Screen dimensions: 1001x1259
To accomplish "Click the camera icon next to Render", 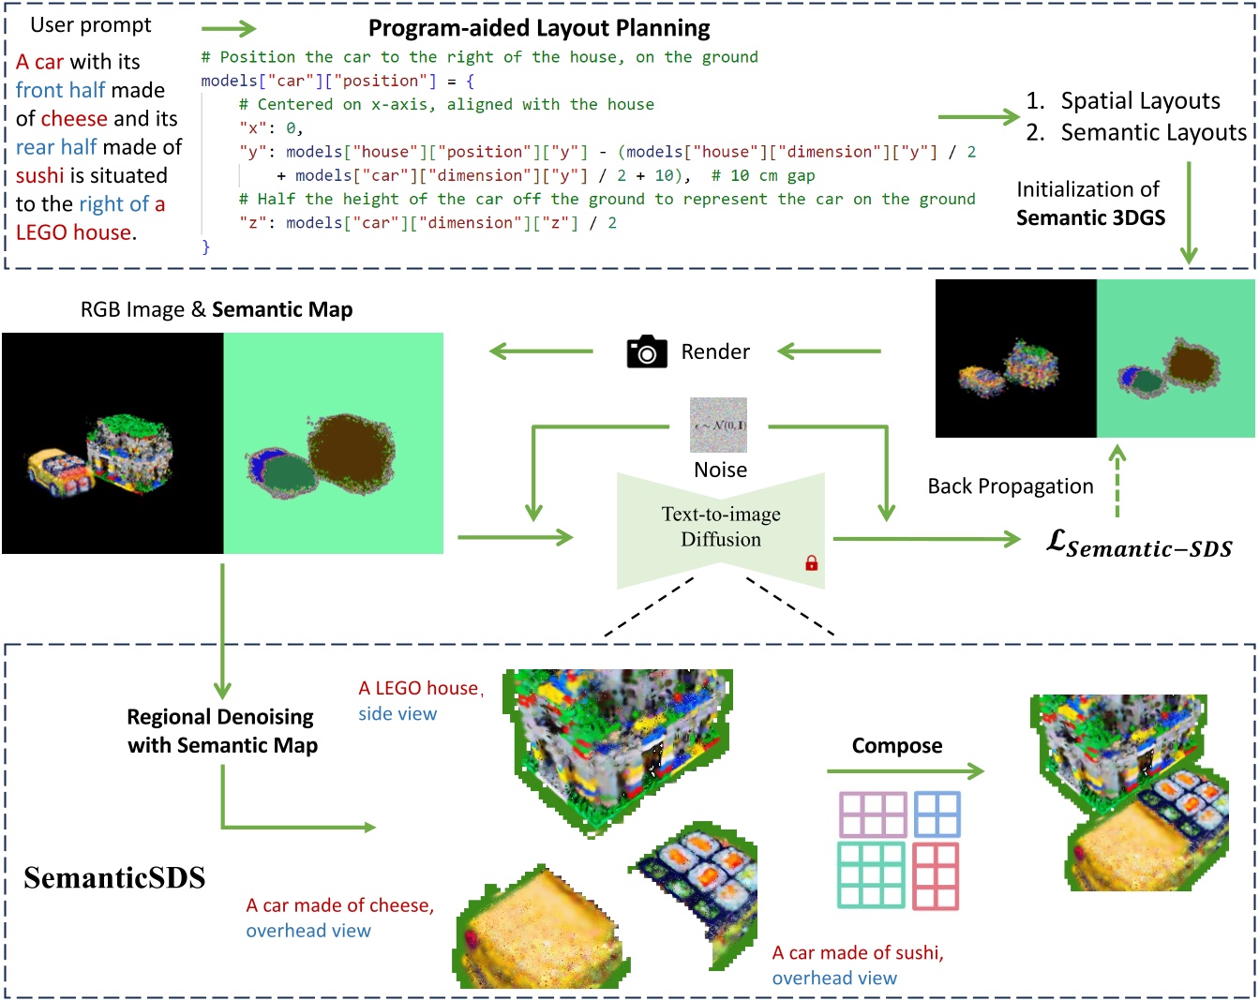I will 646,352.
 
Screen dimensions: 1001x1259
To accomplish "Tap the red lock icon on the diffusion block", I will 812,562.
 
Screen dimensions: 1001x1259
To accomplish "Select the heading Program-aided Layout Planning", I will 539,28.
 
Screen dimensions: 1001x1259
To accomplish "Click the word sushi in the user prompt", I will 40,176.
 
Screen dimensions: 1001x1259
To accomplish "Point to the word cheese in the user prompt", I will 74,119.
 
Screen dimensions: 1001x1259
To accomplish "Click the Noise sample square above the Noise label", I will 718,425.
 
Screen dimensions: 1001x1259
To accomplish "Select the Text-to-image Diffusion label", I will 720,527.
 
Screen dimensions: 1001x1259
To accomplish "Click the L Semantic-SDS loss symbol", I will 1138,545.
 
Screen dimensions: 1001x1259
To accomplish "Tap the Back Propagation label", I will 1010,486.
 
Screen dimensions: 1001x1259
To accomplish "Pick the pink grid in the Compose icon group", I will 873,814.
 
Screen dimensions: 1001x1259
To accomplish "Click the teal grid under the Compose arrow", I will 870,874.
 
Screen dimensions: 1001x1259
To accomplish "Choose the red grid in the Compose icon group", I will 936,875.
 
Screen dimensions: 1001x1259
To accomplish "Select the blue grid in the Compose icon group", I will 937,814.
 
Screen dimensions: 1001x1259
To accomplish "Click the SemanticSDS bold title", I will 114,878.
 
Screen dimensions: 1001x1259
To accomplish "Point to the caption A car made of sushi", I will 858,953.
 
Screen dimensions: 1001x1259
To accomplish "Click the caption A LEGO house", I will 419,689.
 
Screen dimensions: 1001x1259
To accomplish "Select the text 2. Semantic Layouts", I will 1136,133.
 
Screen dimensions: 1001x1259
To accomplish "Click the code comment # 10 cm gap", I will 763,175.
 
